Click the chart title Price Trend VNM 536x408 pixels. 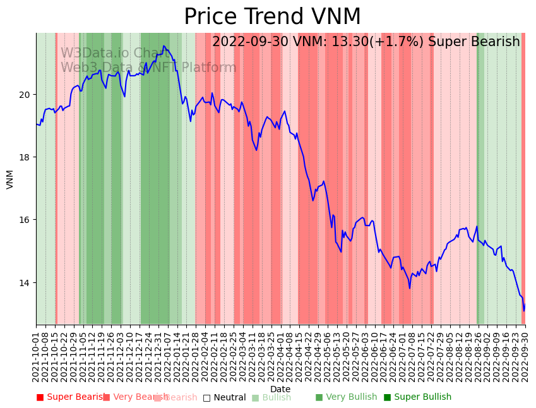pyautogui.click(x=272, y=17)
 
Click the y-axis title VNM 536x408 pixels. pyautogui.click(x=10, y=179)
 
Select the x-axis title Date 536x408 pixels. pyautogui.click(x=280, y=389)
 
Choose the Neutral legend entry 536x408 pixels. pyautogui.click(x=225, y=397)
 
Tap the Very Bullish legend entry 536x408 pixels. pyautogui.click(x=346, y=397)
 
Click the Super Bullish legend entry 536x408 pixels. pyautogui.click(x=418, y=397)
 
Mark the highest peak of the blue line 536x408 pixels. pyautogui.click(x=164, y=46)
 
